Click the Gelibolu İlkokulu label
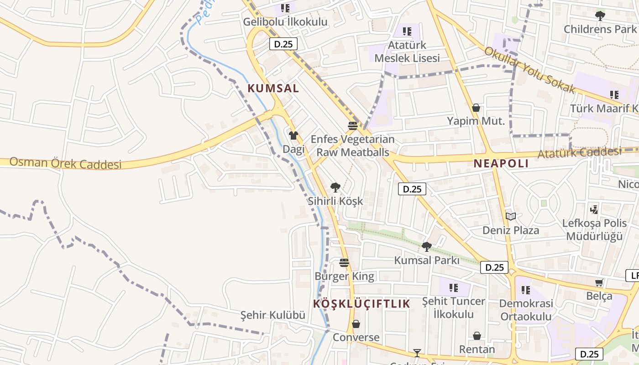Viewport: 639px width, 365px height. pyautogui.click(x=285, y=21)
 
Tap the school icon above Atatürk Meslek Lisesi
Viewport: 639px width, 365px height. pyautogui.click(x=407, y=31)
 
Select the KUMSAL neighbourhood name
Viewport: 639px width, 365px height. pyautogui.click(x=273, y=89)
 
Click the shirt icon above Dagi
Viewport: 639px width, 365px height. pyautogui.click(x=293, y=136)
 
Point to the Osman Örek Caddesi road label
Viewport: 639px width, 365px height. pyautogui.click(x=66, y=163)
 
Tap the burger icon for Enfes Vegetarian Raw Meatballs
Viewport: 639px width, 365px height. pyautogui.click(x=353, y=126)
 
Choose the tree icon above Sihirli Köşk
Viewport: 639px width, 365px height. pyautogui.click(x=335, y=187)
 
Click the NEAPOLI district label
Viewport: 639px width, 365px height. pyautogui.click(x=501, y=163)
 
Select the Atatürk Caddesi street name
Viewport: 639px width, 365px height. pyautogui.click(x=579, y=152)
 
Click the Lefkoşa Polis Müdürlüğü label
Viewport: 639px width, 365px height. pyautogui.click(x=594, y=229)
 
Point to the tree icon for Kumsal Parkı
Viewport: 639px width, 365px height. pyautogui.click(x=427, y=247)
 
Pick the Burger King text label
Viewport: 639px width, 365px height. pyautogui.click(x=344, y=276)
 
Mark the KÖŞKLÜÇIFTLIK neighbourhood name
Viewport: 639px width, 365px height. pyautogui.click(x=361, y=303)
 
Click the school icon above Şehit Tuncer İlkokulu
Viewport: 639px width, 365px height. pyautogui.click(x=453, y=287)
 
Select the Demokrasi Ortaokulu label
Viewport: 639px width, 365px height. pyautogui.click(x=526, y=310)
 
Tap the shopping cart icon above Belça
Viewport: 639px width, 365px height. pyautogui.click(x=599, y=283)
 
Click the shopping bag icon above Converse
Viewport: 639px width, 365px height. pyautogui.click(x=356, y=324)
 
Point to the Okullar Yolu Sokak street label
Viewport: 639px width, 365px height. pyautogui.click(x=529, y=70)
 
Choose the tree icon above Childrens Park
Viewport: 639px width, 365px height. pyautogui.click(x=600, y=16)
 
